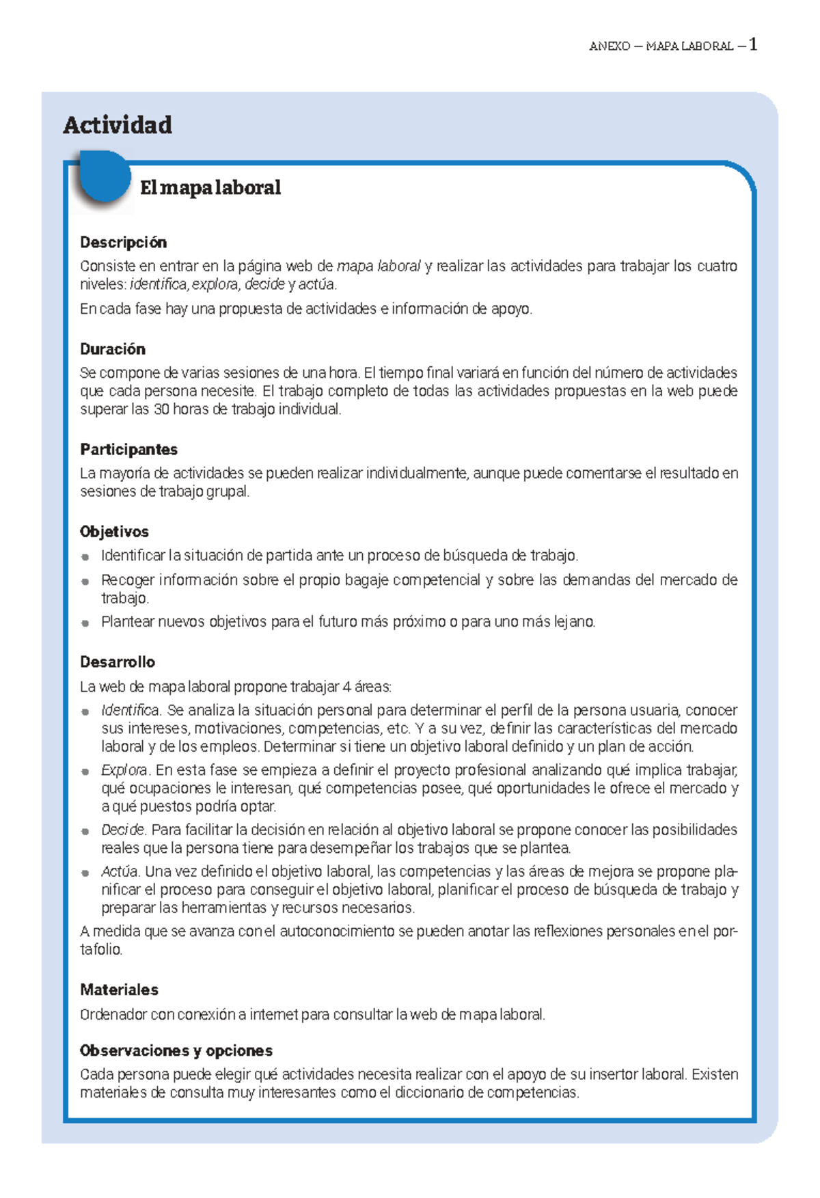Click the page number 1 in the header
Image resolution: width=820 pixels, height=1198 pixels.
coord(753,45)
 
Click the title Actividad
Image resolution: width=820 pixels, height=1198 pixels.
coord(118,125)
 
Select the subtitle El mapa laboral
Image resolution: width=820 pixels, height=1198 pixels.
coord(210,187)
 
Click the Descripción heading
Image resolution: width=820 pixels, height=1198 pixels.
coord(123,243)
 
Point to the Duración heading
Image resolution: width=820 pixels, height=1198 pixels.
coord(113,349)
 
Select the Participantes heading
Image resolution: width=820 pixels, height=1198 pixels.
coord(128,450)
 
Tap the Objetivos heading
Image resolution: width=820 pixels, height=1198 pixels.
coord(114,532)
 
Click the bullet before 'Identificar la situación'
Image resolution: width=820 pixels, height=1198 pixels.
coord(85,556)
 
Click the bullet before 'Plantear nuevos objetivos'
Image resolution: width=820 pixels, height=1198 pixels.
coord(85,623)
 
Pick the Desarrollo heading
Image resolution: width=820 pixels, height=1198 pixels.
coord(118,662)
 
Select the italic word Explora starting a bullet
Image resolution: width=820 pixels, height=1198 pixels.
coord(124,770)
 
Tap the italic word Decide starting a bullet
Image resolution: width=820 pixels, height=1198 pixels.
coord(123,830)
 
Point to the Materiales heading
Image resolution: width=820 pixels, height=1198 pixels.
coord(119,990)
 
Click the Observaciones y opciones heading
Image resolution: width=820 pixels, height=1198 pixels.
coord(176,1051)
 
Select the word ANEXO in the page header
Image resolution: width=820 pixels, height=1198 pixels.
coord(610,46)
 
